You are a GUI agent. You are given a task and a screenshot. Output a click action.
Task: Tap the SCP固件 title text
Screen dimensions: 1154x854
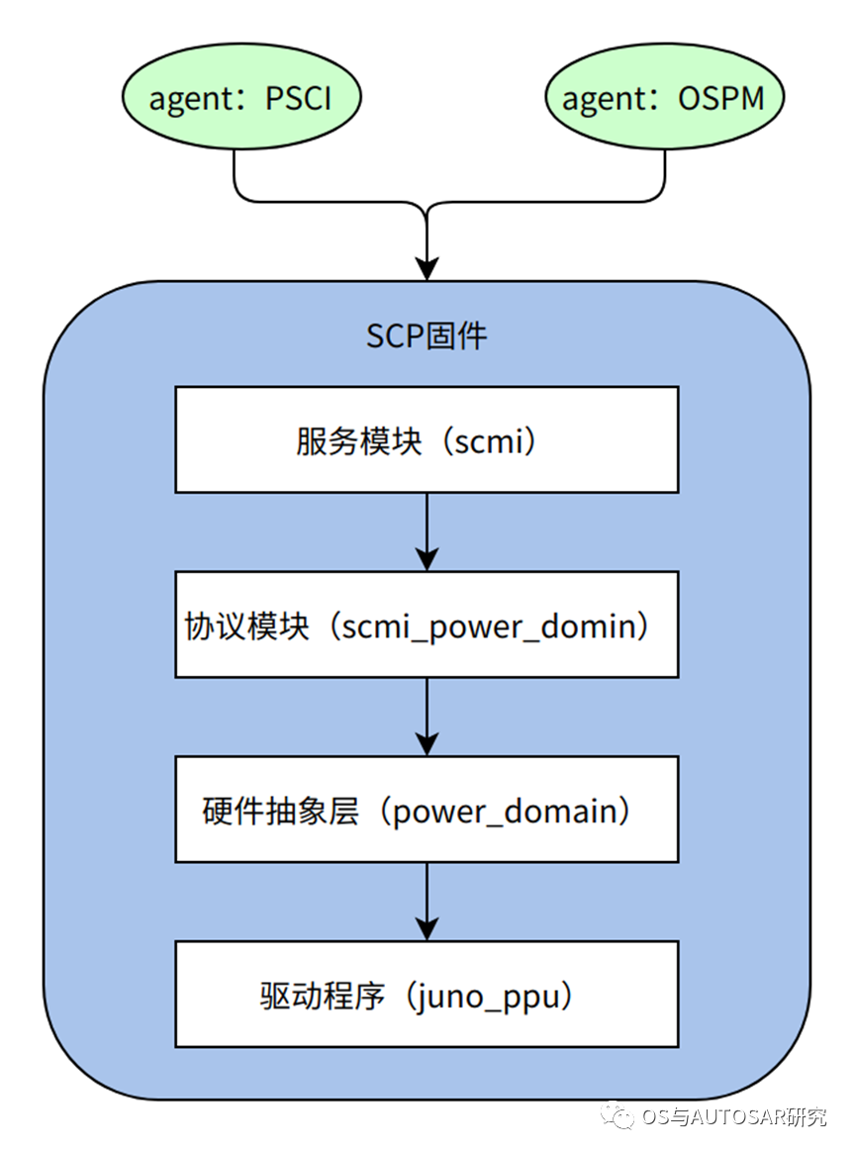[x=427, y=337]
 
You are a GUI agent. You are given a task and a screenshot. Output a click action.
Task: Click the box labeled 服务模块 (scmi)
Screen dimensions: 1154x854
[x=427, y=439]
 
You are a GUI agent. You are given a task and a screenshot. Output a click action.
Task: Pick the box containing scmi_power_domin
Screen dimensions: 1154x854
[x=427, y=625]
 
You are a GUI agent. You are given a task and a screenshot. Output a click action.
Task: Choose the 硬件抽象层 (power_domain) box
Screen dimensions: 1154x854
[x=427, y=810]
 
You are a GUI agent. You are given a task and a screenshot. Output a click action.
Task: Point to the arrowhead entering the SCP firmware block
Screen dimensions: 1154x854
[x=427, y=267]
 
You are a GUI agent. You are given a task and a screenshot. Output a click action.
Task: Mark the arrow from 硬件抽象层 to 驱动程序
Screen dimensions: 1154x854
[x=427, y=900]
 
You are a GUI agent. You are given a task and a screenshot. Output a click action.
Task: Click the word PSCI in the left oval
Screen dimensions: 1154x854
[x=298, y=99]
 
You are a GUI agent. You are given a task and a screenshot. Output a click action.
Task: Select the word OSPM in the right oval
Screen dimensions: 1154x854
[x=721, y=99]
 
